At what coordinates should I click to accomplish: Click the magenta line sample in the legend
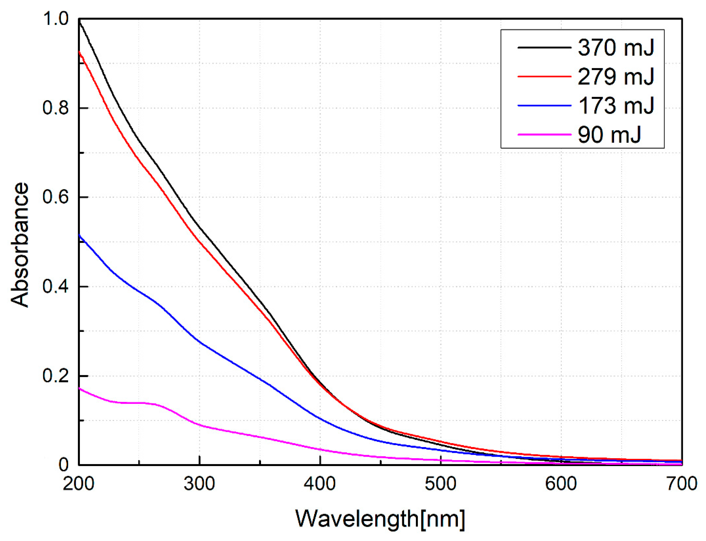coord(544,134)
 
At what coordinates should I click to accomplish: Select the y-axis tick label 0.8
coord(56,108)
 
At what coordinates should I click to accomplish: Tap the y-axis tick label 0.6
coord(56,197)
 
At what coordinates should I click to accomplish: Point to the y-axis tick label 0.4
coord(56,287)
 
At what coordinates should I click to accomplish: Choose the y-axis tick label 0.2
coord(56,376)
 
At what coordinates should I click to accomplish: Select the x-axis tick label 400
coord(320,484)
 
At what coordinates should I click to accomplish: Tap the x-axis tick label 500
coord(440,484)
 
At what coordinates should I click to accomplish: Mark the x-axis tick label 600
coord(561,484)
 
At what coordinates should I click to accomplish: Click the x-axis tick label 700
coord(681,484)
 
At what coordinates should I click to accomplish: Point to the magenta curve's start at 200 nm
coord(80,389)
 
